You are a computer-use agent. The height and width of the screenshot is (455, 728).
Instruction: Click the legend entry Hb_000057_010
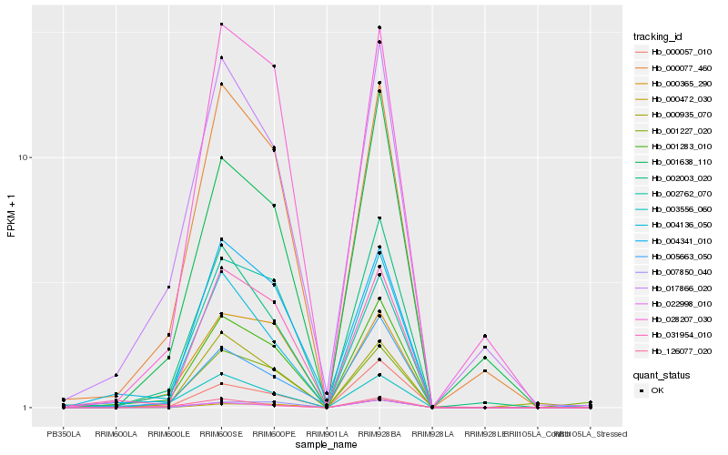click(x=673, y=52)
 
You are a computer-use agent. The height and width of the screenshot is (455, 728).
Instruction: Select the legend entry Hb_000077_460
click(x=673, y=67)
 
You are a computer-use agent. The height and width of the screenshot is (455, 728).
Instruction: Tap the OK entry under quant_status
click(x=658, y=390)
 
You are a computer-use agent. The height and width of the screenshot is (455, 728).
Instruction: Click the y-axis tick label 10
click(x=26, y=157)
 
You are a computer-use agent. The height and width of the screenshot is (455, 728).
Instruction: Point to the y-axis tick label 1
click(x=29, y=408)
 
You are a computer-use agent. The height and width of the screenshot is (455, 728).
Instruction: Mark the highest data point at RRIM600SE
click(x=221, y=25)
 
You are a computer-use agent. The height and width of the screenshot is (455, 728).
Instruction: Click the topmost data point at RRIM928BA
click(x=379, y=28)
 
